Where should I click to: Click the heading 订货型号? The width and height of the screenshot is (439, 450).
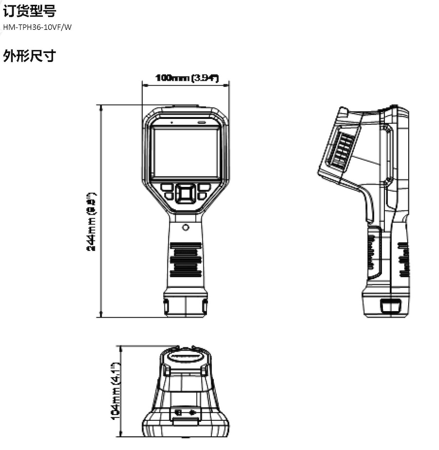[x=29, y=10]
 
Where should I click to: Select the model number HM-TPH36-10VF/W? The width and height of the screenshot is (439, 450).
[x=37, y=27]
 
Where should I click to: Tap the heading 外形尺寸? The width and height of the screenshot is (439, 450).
[x=29, y=56]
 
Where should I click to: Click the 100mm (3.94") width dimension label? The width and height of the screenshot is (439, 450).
[x=186, y=78]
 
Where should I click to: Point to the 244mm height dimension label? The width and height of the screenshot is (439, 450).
[x=91, y=222]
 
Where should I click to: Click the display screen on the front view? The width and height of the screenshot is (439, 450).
[x=185, y=152]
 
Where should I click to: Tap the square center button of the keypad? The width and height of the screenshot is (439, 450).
[x=185, y=194]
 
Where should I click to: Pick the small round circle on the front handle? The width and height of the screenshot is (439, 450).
[x=185, y=227]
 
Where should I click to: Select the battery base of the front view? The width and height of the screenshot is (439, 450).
[x=185, y=303]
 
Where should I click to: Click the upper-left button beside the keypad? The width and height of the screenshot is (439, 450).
[x=166, y=187]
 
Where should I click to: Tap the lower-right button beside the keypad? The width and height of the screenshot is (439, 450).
[x=202, y=196]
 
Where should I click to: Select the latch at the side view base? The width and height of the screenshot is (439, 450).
[x=390, y=306]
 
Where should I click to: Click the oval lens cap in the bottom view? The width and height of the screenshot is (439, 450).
[x=186, y=357]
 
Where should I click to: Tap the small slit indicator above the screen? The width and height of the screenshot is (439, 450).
[x=201, y=121]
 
